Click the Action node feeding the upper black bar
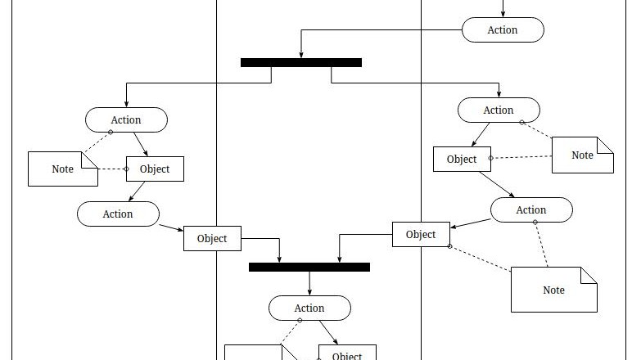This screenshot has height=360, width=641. point(502,30)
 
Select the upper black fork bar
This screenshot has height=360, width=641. point(300,62)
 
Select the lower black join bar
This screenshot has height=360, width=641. point(309,267)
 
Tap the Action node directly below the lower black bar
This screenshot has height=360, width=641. point(309,308)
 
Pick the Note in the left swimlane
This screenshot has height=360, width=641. point(63,169)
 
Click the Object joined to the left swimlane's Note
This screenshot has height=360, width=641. point(155,169)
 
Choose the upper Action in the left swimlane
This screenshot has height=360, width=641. point(126,120)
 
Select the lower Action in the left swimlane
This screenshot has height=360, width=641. point(118,214)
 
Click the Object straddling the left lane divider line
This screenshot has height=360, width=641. point(212,239)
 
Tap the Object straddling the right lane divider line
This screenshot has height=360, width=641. point(421,234)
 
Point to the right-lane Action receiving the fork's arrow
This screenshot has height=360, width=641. point(498,110)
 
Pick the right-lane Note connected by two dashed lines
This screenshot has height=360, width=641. point(582,155)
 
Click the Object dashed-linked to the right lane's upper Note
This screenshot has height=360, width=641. point(462,159)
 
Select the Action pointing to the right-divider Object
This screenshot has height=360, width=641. point(530,210)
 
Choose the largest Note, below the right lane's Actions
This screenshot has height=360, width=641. point(553,290)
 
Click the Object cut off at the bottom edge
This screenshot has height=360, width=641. point(346,353)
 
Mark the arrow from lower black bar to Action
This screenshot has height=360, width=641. point(309,283)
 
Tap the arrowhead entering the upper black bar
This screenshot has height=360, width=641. point(301,55)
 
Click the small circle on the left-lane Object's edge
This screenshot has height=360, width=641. point(126,169)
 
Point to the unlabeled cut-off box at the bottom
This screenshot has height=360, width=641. point(253,353)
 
